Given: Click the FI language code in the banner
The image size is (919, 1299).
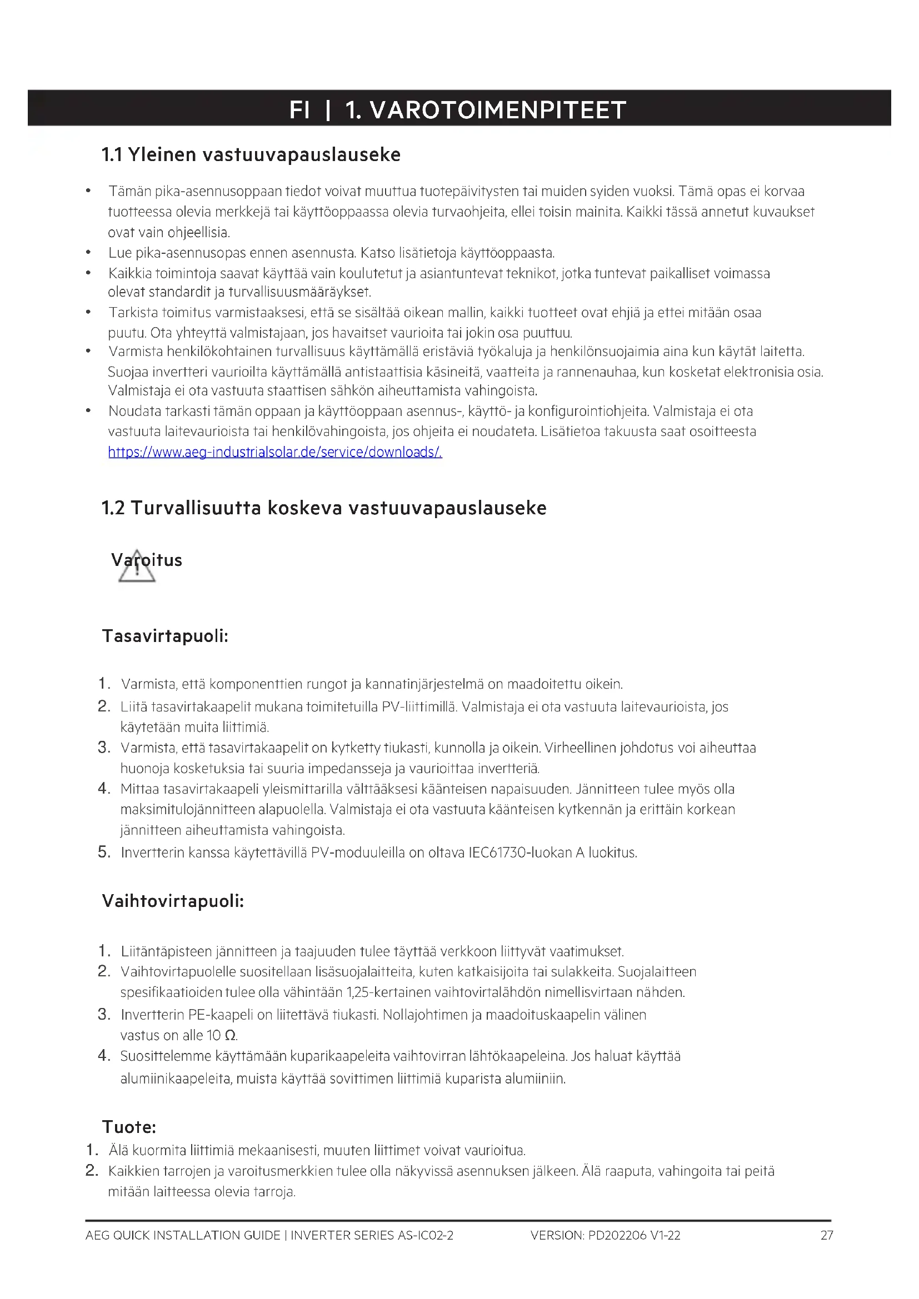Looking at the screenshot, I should coord(299,110).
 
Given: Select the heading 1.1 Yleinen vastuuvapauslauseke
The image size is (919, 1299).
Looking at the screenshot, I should coord(251,154).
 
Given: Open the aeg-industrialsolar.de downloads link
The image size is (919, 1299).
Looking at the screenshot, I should coord(275,452).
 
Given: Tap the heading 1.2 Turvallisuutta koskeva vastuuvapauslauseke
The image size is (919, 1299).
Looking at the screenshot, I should coord(324,508).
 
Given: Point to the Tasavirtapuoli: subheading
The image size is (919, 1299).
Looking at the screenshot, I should coord(164,636).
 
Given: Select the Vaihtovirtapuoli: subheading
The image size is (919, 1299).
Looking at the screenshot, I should coord(173,901).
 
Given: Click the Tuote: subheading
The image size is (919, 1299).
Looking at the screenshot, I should coord(129,1126).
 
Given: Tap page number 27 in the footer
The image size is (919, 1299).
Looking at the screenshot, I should coord(827,1235).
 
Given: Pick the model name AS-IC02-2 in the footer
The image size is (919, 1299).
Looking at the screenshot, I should coord(426,1235).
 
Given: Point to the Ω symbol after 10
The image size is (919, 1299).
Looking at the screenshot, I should coord(230,1035).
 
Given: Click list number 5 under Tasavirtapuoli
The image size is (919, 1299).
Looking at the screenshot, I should coord(103,851).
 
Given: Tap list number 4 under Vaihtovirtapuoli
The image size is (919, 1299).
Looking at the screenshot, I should coord(103,1055).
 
